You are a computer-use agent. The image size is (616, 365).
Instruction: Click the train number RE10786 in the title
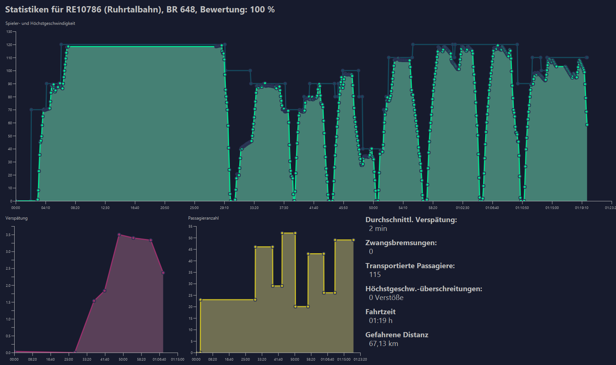[84, 9]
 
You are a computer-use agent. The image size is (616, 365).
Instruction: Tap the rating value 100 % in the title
[262, 9]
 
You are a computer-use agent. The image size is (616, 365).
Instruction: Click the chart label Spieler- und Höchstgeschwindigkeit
[40, 23]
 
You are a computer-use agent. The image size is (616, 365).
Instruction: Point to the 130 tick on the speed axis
[9, 32]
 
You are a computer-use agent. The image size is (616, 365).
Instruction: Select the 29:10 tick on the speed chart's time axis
[224, 208]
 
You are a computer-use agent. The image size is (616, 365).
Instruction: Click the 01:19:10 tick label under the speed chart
[582, 208]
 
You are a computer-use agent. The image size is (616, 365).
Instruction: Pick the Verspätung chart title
[16, 218]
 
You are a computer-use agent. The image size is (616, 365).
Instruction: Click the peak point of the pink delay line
[119, 235]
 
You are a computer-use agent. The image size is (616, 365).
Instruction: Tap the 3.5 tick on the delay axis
[8, 235]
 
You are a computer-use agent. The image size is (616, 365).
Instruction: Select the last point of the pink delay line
[163, 273]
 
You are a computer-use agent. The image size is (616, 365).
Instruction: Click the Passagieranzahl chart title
[203, 218]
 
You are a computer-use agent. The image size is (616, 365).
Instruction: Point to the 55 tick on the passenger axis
[190, 227]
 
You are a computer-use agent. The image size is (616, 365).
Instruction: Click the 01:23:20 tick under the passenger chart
[360, 359]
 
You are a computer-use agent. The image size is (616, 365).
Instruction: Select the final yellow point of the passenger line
[353, 240]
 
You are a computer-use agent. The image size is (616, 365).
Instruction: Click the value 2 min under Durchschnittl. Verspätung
[378, 229]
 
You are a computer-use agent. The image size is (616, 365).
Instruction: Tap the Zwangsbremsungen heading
[401, 243]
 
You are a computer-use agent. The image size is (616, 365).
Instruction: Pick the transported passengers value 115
[375, 274]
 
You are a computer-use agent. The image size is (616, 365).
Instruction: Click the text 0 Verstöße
[386, 298]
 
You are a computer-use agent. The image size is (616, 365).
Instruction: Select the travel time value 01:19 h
[381, 320]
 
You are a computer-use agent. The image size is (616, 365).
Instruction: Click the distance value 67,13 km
[384, 343]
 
